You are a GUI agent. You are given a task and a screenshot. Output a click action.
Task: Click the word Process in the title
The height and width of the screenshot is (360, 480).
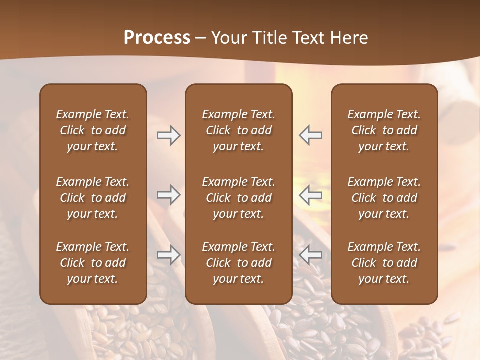(157, 38)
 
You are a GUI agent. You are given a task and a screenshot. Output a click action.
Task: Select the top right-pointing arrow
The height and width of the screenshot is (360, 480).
(168, 135)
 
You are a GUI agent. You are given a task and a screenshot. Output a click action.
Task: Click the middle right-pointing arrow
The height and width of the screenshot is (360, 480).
(168, 195)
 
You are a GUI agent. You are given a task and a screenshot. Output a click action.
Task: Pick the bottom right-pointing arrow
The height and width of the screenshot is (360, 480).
(168, 255)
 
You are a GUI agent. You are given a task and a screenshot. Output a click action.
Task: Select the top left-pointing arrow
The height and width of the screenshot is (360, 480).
(310, 135)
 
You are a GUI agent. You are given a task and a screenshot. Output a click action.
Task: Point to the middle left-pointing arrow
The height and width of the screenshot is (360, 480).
(310, 195)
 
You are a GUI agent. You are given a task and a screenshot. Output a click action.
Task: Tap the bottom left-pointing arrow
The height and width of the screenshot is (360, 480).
(310, 255)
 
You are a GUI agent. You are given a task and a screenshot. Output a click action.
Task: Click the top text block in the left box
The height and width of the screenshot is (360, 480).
(93, 130)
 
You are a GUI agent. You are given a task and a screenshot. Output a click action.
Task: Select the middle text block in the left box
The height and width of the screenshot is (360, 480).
(93, 198)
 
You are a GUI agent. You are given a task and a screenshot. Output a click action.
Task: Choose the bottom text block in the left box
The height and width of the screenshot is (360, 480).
(93, 263)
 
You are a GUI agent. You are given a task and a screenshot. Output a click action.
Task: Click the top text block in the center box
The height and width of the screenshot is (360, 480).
(238, 130)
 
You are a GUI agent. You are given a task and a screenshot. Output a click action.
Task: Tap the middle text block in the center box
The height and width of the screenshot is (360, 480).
(238, 198)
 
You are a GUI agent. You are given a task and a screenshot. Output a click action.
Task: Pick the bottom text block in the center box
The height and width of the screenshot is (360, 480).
(238, 263)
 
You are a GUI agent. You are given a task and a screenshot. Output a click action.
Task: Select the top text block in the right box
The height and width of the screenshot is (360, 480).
(384, 130)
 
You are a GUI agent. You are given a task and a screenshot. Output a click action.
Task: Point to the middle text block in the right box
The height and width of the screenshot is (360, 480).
(384, 198)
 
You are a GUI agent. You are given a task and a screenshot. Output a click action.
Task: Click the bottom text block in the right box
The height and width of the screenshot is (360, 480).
(384, 263)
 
